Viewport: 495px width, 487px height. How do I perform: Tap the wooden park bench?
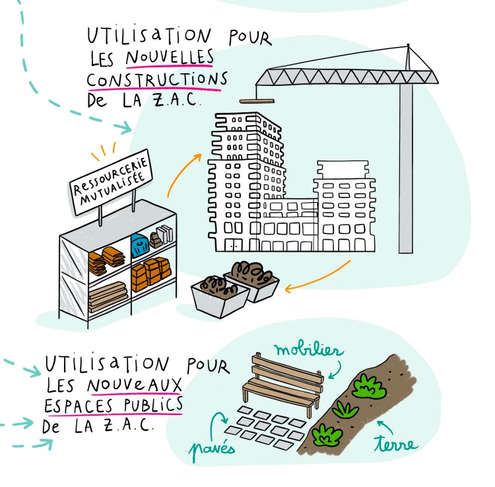[280, 387]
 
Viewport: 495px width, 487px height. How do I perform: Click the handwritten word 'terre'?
[395, 443]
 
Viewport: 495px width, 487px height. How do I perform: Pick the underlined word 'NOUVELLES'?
[170, 58]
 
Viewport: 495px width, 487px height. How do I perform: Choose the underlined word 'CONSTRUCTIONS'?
[157, 80]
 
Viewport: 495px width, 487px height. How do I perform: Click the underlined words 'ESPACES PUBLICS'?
[114, 404]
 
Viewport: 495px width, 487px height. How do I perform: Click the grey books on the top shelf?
[164, 234]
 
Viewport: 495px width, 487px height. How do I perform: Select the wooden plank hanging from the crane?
[256, 101]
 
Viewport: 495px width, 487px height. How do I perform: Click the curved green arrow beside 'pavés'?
[218, 421]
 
